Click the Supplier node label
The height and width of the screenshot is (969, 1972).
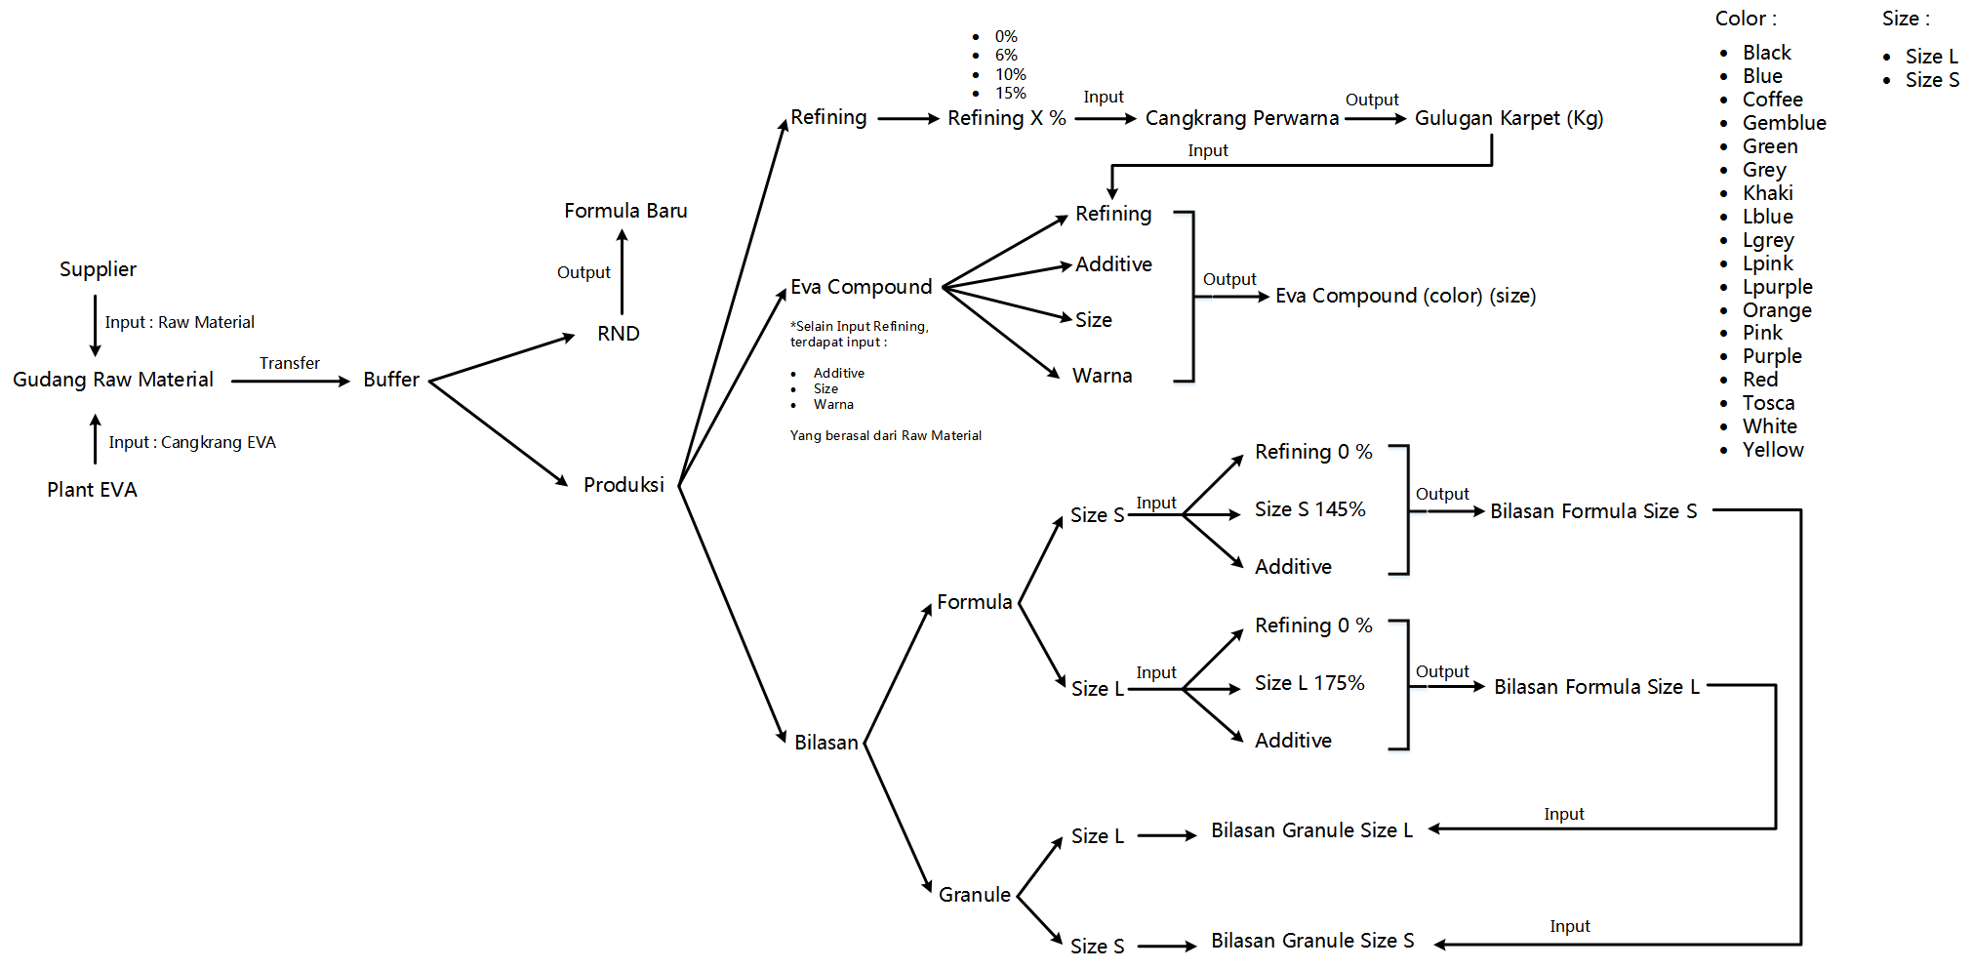[x=98, y=269]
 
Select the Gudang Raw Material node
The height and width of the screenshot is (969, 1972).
[x=113, y=380]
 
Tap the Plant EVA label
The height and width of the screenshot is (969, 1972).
[x=92, y=490]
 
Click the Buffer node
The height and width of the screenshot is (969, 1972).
[x=391, y=380]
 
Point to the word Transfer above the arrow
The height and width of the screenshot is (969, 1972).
[x=289, y=363]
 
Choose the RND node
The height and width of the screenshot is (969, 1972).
[x=619, y=334]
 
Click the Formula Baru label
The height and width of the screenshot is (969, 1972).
[x=625, y=211]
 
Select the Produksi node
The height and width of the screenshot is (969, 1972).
[x=624, y=485]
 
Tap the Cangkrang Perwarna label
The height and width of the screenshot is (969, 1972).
[x=1241, y=118]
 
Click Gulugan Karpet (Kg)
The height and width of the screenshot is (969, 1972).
[x=1509, y=118]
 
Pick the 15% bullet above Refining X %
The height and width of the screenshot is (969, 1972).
[x=1010, y=94]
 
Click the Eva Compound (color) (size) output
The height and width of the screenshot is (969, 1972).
[x=1405, y=296]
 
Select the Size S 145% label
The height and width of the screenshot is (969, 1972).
[x=1309, y=509]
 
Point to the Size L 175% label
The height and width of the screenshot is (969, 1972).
[x=1309, y=683]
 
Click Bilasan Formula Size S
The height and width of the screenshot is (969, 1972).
[x=1593, y=511]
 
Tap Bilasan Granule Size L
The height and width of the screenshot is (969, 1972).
[x=1311, y=830]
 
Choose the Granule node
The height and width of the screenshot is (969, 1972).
[x=974, y=895]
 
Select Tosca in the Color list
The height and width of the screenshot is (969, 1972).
[x=1768, y=403]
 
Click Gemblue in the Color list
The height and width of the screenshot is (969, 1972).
[x=1784, y=123]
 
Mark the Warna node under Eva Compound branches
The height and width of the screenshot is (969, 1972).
[x=1102, y=376]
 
